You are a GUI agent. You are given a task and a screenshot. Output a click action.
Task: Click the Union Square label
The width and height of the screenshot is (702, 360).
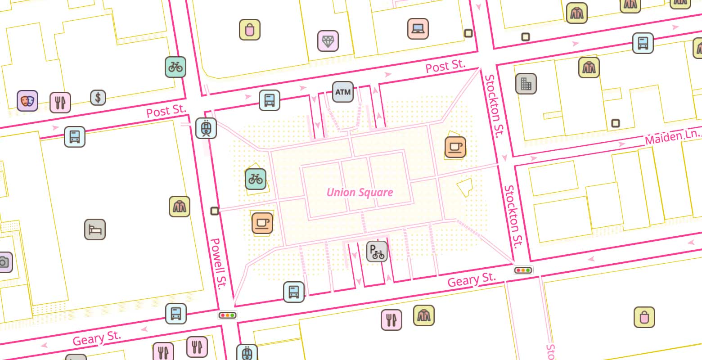[360, 193]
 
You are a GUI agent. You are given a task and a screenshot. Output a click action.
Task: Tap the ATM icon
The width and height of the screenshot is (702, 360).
[343, 92]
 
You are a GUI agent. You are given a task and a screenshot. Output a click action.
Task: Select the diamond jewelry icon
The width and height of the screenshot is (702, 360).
[328, 41]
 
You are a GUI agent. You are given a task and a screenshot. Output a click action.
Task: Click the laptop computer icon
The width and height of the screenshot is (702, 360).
[418, 29]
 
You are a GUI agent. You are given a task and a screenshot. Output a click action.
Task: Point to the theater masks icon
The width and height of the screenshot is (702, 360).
[27, 101]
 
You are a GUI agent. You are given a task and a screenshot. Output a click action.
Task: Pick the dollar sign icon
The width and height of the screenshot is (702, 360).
[98, 97]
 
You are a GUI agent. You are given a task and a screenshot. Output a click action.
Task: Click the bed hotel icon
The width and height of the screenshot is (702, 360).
[95, 229]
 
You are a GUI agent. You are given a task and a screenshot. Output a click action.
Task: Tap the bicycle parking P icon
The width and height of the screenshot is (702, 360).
[377, 252]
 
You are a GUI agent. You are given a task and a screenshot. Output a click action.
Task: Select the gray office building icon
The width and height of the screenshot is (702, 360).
[526, 83]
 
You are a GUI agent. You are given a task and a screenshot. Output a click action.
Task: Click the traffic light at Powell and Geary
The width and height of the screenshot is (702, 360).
[228, 315]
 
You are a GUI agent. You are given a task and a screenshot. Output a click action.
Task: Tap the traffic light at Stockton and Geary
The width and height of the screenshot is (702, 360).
[523, 270]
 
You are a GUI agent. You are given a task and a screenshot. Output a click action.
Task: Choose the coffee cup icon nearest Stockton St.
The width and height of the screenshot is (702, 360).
[455, 147]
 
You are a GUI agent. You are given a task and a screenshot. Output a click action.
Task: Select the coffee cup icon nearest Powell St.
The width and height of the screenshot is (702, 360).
[262, 223]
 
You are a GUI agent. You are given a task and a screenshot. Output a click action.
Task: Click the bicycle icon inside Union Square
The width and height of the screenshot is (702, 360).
[256, 179]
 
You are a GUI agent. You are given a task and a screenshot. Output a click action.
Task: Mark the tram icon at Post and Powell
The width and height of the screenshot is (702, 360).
[206, 128]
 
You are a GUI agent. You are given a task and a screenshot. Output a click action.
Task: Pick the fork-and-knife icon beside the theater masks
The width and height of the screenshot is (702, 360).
[60, 102]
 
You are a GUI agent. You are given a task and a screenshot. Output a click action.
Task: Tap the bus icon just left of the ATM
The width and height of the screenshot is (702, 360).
[270, 100]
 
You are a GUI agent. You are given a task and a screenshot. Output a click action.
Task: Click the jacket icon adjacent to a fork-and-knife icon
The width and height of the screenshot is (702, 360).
[423, 315]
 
